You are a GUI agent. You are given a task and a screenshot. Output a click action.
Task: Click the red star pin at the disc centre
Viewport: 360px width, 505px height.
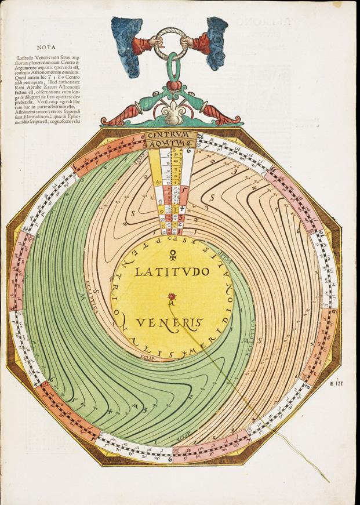tap(171, 295)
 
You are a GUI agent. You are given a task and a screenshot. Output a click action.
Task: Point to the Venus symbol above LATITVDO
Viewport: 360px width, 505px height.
tap(172, 253)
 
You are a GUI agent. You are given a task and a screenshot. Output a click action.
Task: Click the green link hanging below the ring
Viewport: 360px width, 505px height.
tap(172, 65)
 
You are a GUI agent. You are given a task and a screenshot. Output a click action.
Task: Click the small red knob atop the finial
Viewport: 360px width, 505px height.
tap(172, 85)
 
